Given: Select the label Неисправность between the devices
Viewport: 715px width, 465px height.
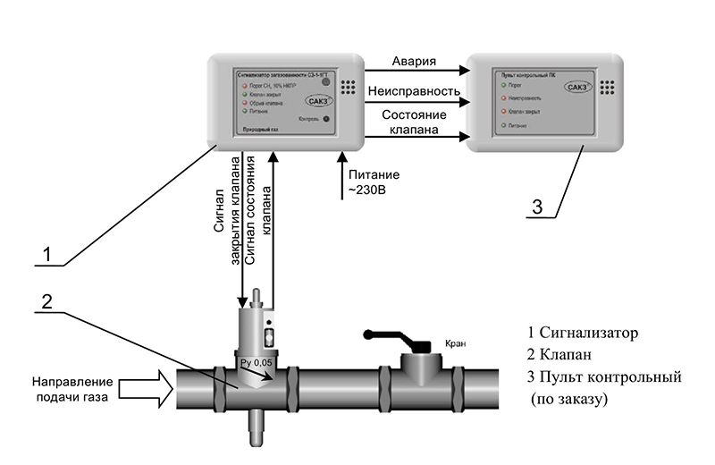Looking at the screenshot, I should click(x=419, y=91).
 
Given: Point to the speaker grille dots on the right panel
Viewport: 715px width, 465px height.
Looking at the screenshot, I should click(x=610, y=87).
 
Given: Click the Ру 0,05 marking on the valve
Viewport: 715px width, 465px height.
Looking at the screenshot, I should click(x=256, y=362).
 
